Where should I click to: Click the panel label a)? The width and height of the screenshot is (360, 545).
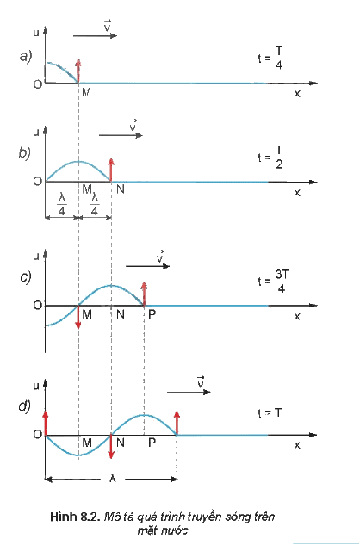[26, 56]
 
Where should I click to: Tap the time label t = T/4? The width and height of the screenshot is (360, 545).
[271, 58]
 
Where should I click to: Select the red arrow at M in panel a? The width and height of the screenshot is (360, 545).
[78, 71]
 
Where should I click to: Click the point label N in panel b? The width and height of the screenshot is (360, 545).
[121, 189]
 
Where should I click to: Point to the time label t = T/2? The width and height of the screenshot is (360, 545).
[271, 157]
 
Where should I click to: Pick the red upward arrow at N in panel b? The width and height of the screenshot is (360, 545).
[111, 170]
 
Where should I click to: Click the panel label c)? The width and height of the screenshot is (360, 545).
[25, 277]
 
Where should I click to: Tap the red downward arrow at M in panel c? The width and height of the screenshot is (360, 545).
[78, 318]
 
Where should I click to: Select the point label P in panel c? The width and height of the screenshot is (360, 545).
[152, 314]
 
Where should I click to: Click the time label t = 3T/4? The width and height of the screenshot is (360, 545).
[273, 282]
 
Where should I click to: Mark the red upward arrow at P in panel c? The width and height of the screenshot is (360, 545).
[144, 294]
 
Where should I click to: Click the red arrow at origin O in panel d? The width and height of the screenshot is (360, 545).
[46, 423]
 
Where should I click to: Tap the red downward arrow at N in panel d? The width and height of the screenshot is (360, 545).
[111, 447]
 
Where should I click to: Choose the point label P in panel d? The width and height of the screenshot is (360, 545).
[152, 443]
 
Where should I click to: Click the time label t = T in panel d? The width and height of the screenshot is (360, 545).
[270, 413]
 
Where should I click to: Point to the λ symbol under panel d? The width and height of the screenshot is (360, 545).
[112, 479]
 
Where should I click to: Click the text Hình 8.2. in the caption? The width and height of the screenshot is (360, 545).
[75, 517]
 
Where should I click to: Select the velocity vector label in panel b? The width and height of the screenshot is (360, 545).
[133, 125]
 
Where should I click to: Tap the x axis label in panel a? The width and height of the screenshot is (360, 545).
[297, 94]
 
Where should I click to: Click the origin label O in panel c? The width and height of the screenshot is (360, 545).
[38, 305]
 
